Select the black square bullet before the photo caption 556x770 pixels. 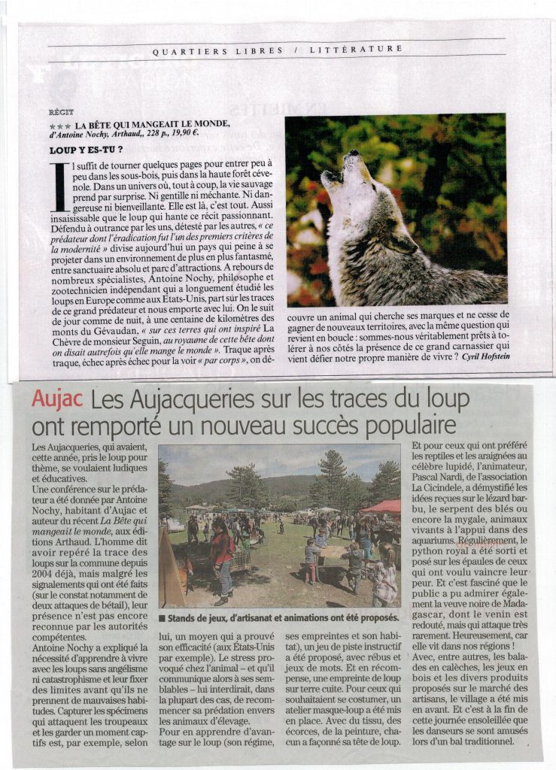(162, 619)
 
